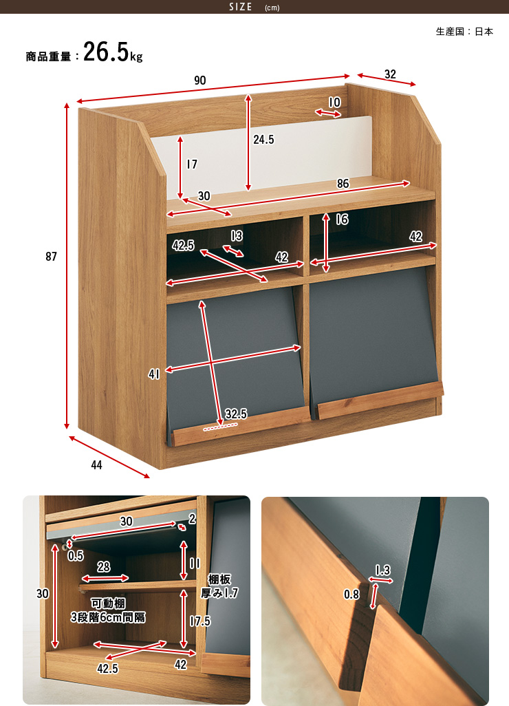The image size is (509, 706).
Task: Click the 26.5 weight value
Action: click(x=106, y=52)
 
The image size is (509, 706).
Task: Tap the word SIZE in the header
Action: click(x=240, y=7)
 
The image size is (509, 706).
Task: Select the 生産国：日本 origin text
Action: click(x=464, y=32)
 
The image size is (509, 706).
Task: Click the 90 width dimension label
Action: click(x=200, y=80)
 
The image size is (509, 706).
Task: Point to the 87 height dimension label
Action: click(x=52, y=257)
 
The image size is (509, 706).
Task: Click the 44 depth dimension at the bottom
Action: click(x=97, y=465)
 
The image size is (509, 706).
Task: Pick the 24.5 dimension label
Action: click(x=263, y=140)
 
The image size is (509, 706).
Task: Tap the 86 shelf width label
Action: click(x=343, y=184)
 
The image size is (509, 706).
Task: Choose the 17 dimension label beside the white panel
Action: click(x=192, y=164)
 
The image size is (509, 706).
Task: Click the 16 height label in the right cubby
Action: click(x=342, y=220)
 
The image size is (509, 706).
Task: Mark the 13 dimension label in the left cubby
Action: click(x=237, y=236)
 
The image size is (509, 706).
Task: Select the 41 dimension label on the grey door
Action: click(x=154, y=374)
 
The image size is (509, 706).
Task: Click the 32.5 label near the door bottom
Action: click(x=236, y=414)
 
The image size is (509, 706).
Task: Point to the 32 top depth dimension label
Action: click(x=390, y=74)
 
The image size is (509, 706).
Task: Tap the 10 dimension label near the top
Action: click(x=334, y=103)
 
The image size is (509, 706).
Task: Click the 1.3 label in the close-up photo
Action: click(x=382, y=570)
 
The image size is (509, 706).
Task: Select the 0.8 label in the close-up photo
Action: click(x=351, y=595)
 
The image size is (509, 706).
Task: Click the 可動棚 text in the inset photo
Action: click(x=108, y=603)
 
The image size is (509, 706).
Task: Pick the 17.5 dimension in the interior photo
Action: click(x=200, y=621)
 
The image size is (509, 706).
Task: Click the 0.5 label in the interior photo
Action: click(x=76, y=556)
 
